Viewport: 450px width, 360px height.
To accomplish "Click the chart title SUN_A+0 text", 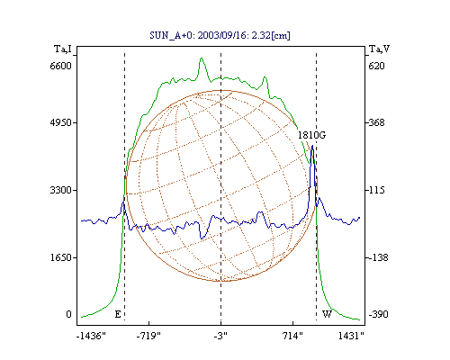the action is pos(220,35).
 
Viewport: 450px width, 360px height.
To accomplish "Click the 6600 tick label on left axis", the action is pos(60,66).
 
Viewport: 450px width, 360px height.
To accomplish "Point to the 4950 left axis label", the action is pos(60,122).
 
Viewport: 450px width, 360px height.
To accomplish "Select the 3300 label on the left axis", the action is pos(60,190).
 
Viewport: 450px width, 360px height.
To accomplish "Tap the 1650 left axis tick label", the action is pos(60,257).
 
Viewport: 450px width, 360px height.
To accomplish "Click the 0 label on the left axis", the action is pos(68,314).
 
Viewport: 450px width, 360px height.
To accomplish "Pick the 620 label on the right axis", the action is pos(376,66).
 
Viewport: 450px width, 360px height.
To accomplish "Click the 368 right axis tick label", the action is pos(376,122).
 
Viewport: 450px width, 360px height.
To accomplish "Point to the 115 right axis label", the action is pos(376,190).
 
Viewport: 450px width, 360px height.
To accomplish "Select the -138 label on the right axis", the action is pos(378,257).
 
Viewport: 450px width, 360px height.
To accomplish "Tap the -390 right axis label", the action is pos(378,314).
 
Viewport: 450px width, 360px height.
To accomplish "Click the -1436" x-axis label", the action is pos(91,336).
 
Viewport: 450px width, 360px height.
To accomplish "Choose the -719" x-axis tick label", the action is pos(148,336).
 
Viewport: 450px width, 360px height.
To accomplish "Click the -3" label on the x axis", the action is pos(220,336).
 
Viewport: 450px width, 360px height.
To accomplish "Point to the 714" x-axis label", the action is pos(292,336).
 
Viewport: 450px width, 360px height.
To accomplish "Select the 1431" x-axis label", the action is pos(351,336).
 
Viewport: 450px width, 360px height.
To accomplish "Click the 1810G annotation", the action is pos(311,135).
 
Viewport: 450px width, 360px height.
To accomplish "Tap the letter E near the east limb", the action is pos(118,314).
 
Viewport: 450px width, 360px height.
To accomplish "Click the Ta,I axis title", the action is pos(63,49).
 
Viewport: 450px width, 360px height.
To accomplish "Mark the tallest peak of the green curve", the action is pos(202,58).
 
